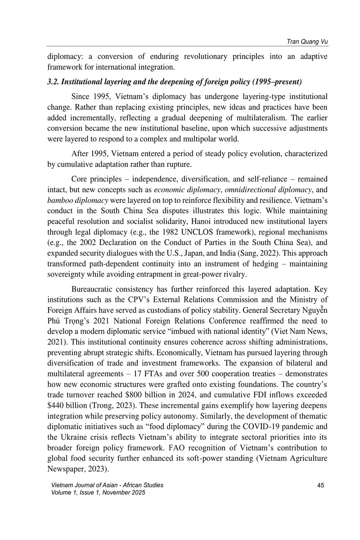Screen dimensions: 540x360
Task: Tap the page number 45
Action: [321, 485]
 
